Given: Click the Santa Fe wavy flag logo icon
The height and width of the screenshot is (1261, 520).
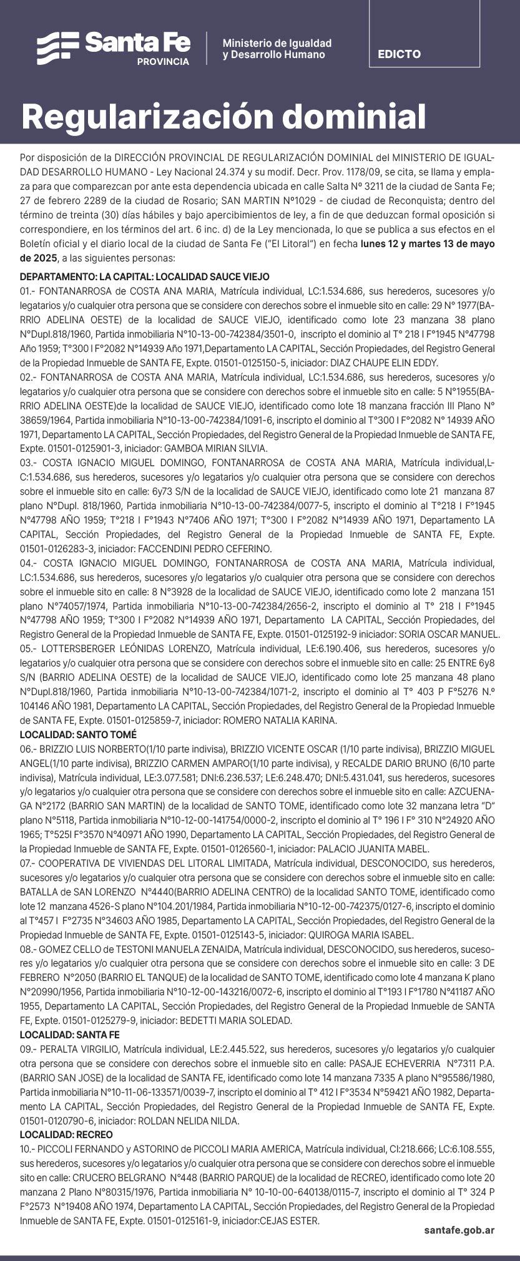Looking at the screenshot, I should [x=57, y=47].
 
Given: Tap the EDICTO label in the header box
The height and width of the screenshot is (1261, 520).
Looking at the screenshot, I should [x=399, y=54].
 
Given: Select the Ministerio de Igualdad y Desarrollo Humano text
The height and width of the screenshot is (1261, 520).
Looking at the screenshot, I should [x=277, y=49].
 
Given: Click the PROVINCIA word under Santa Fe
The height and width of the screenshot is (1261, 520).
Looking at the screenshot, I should [x=163, y=62].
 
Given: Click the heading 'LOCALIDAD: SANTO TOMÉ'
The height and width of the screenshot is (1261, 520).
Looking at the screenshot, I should [x=78, y=734].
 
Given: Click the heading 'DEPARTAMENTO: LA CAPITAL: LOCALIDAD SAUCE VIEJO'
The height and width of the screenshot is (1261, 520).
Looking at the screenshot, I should [x=145, y=276].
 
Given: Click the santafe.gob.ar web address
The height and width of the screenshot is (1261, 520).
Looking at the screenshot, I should [x=459, y=1229].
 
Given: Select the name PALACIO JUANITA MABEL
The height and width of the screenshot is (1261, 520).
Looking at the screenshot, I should [x=373, y=849].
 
